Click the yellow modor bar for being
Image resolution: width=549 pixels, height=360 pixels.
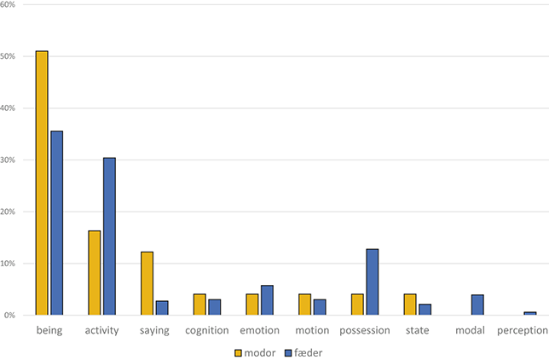41,183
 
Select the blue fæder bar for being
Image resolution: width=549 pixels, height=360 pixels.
56,223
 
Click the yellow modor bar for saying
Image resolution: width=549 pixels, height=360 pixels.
147,283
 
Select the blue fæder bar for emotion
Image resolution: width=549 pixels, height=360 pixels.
267,300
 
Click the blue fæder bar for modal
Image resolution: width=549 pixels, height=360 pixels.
477,305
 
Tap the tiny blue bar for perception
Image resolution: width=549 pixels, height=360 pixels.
529,313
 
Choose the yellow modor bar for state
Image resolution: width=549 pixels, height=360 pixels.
409,305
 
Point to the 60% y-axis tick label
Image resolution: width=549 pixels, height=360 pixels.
14,5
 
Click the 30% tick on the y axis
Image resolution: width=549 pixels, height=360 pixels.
14,160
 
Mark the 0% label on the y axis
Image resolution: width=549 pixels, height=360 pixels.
16,316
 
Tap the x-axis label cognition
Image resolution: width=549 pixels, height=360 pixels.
206,330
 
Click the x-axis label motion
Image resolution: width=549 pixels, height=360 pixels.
312,330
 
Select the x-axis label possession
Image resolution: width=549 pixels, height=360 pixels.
364,330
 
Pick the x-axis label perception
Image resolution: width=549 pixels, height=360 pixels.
522,330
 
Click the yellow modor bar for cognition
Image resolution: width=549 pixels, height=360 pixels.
199,305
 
